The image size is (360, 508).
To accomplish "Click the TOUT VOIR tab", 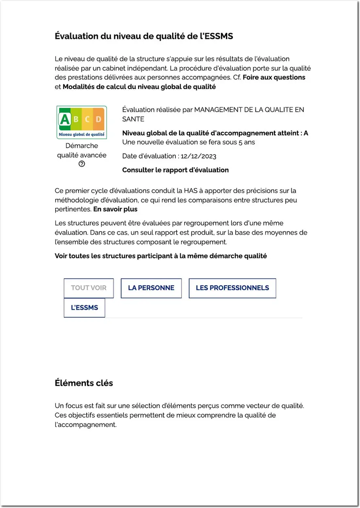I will point(89,288).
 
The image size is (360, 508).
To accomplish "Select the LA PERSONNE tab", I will point(151,288).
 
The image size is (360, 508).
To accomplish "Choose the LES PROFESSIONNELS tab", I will point(232,288).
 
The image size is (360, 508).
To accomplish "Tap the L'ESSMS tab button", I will point(84,308).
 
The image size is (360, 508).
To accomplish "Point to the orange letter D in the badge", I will point(98,119).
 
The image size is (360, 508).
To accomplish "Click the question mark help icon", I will point(82,164).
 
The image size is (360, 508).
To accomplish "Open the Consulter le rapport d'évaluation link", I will point(175,170).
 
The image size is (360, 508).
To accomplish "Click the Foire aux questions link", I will point(274,77).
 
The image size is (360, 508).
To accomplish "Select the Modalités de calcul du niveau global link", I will point(139,87).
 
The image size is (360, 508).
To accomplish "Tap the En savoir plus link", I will point(115,209).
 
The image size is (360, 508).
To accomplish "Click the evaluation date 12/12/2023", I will point(198,156).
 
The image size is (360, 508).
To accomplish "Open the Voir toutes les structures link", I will point(161,256).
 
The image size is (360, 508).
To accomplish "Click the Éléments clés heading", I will point(84,383).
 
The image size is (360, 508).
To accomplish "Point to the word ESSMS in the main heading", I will point(219,36).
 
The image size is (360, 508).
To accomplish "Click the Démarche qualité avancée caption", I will point(82,150).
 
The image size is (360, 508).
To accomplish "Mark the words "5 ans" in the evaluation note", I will point(247,142).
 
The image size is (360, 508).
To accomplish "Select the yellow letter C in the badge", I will point(87,119).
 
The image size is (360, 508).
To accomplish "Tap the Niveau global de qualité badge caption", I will point(82,134).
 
